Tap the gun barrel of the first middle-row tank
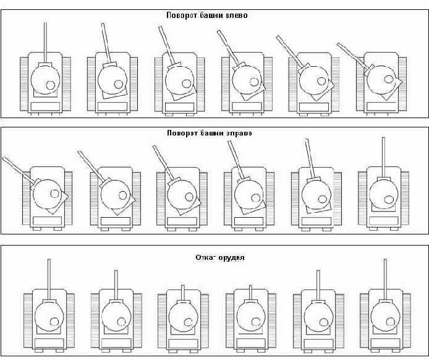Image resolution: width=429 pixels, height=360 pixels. tap(16, 167)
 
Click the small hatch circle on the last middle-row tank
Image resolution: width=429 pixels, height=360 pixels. tap(389, 199)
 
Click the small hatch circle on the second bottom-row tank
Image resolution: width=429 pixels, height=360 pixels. tap(122, 321)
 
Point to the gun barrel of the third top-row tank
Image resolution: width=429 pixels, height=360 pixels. tap(166, 44)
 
